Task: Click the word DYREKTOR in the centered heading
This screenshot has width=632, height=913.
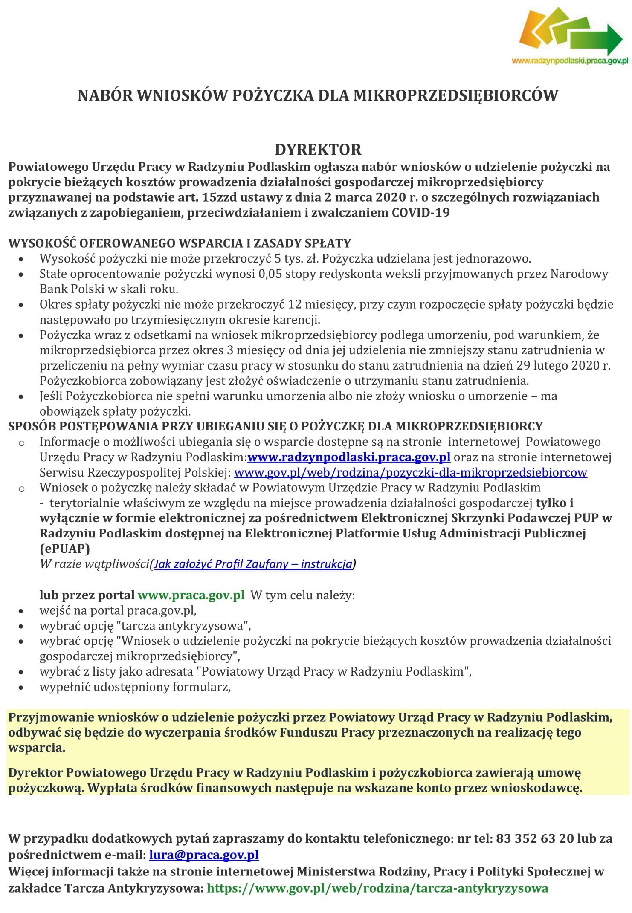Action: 318,150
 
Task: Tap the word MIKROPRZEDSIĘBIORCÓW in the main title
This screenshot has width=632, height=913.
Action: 455,95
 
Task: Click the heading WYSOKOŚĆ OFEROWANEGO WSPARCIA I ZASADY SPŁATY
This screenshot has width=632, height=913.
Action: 180,243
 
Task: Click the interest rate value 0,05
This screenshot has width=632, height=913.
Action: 270,274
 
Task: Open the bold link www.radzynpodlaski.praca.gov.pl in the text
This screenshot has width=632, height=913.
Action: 349,457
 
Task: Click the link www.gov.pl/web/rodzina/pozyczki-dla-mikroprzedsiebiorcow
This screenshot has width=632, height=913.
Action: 411,473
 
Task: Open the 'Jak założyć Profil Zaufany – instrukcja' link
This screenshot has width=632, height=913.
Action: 253,564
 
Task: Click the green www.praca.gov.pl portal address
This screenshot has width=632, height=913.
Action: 191,595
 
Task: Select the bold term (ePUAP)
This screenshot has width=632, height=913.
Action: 65,549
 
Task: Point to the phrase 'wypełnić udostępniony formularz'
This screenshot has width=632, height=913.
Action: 135,687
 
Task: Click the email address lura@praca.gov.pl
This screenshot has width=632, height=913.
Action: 204,855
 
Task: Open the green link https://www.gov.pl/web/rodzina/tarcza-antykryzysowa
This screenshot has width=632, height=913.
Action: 377,888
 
